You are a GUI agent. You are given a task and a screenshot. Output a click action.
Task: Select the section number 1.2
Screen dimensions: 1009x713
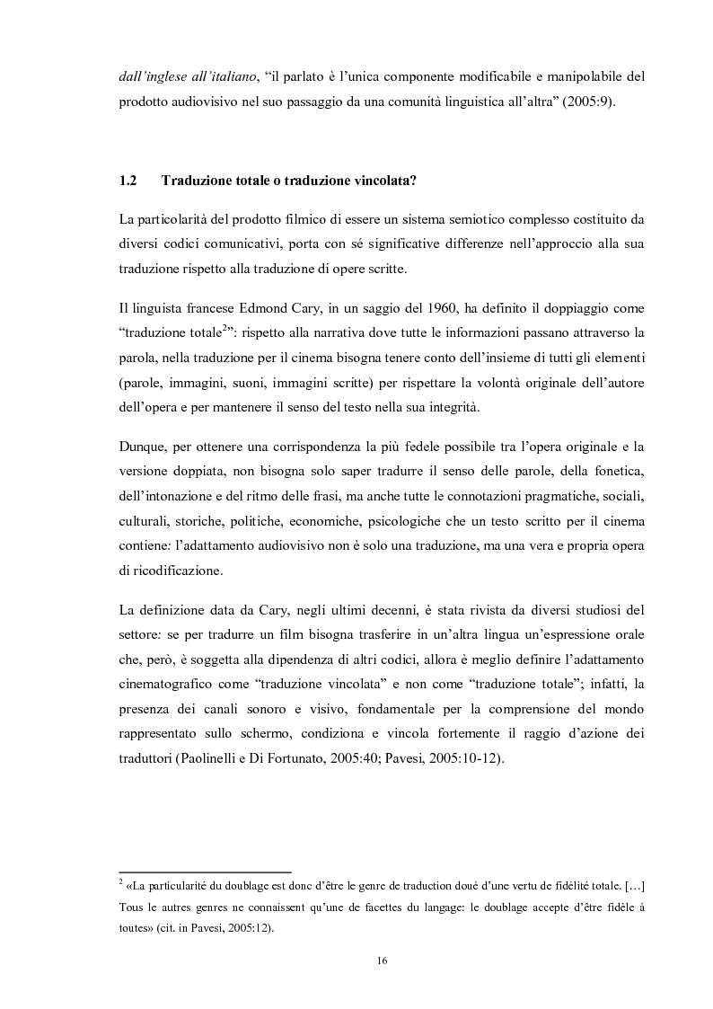click(127, 181)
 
